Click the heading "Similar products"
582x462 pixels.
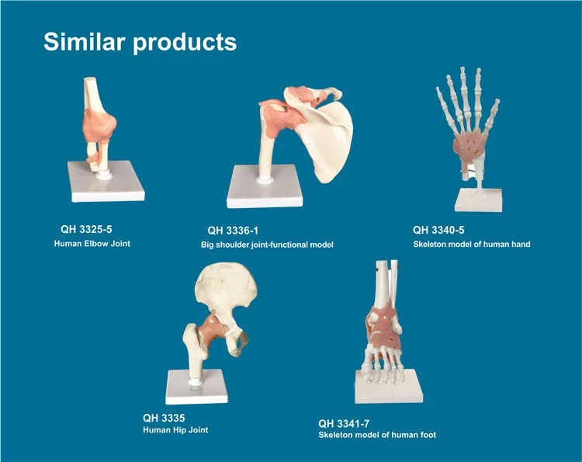coord(140,42)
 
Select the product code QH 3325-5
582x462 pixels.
coord(86,229)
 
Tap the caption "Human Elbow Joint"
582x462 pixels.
coord(92,244)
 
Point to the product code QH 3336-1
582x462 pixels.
coord(233,231)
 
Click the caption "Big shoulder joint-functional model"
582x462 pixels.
coord(267,245)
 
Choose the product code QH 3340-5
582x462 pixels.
coord(438,230)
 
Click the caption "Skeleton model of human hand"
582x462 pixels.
coord(471,244)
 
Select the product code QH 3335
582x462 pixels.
coord(164,419)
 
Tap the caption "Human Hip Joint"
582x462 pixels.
coord(175,430)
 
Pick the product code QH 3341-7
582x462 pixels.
coord(344,423)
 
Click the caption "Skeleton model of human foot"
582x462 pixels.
coord(377,435)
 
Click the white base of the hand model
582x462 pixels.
coord(479,200)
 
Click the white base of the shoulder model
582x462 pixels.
coord(265,188)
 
